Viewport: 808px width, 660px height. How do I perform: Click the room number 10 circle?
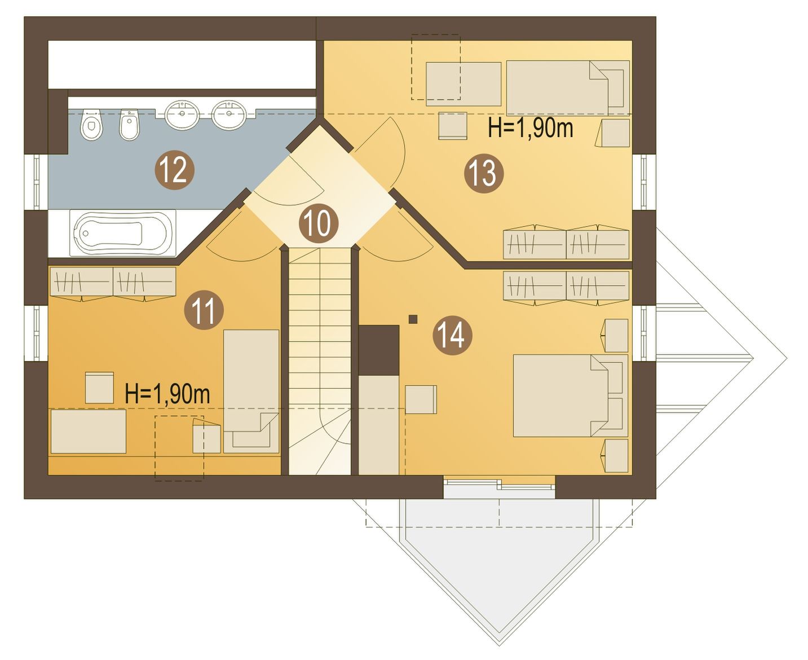[319, 223]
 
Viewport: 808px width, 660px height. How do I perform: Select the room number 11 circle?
[204, 310]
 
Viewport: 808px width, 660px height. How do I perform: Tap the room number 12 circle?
[175, 170]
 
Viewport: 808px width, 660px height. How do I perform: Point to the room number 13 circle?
[484, 173]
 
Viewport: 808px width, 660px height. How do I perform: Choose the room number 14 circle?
[452, 336]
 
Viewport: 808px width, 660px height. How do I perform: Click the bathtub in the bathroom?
[122, 232]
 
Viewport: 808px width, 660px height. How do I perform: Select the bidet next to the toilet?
[130, 125]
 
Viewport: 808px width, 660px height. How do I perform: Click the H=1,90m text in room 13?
[531, 127]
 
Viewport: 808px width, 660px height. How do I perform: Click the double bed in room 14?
[571, 395]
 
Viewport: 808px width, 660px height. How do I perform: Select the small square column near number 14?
[413, 319]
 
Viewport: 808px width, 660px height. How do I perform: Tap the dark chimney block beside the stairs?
[379, 350]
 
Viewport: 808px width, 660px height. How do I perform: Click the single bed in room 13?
[568, 88]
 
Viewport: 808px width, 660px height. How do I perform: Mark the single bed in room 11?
[251, 391]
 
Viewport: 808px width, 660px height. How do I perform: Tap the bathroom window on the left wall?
[36, 182]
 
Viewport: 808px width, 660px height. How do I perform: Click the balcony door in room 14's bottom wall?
[499, 487]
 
